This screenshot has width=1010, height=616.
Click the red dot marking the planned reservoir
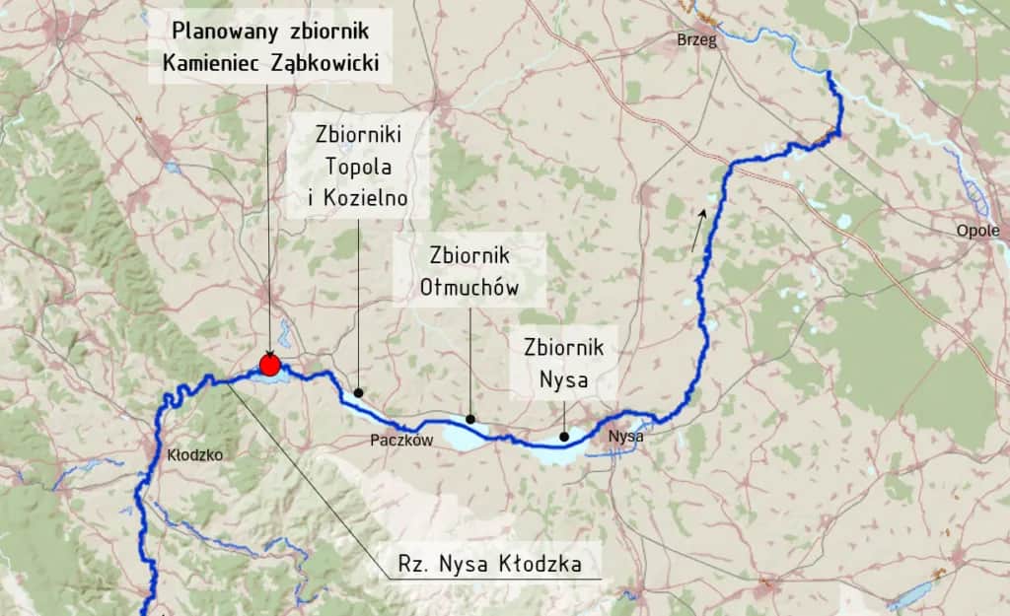[269, 365]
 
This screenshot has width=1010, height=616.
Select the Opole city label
[977, 231]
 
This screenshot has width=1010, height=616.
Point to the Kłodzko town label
[195, 455]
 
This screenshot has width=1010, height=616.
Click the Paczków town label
[402, 441]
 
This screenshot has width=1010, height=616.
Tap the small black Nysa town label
[626, 436]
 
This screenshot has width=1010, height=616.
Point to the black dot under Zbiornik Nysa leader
[563, 437]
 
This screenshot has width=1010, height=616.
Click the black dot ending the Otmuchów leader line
[470, 419]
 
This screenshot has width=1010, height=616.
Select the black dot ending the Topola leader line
[358, 391]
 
